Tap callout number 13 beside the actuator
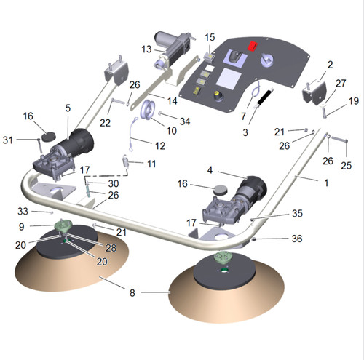[x=146, y=49]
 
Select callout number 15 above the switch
[x=210, y=37]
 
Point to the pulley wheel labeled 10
[x=147, y=110]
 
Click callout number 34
[x=185, y=121]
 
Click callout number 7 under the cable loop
[x=243, y=116]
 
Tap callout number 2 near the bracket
[x=330, y=65]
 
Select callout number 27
[x=341, y=83]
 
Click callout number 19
[x=354, y=100]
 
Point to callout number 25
[x=346, y=166]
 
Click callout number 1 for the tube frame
[x=326, y=183]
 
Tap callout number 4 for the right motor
[x=210, y=170]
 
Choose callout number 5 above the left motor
[x=68, y=108]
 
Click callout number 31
[x=7, y=140]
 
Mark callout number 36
[x=297, y=239]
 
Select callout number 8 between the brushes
[x=132, y=292]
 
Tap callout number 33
[x=23, y=212]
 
